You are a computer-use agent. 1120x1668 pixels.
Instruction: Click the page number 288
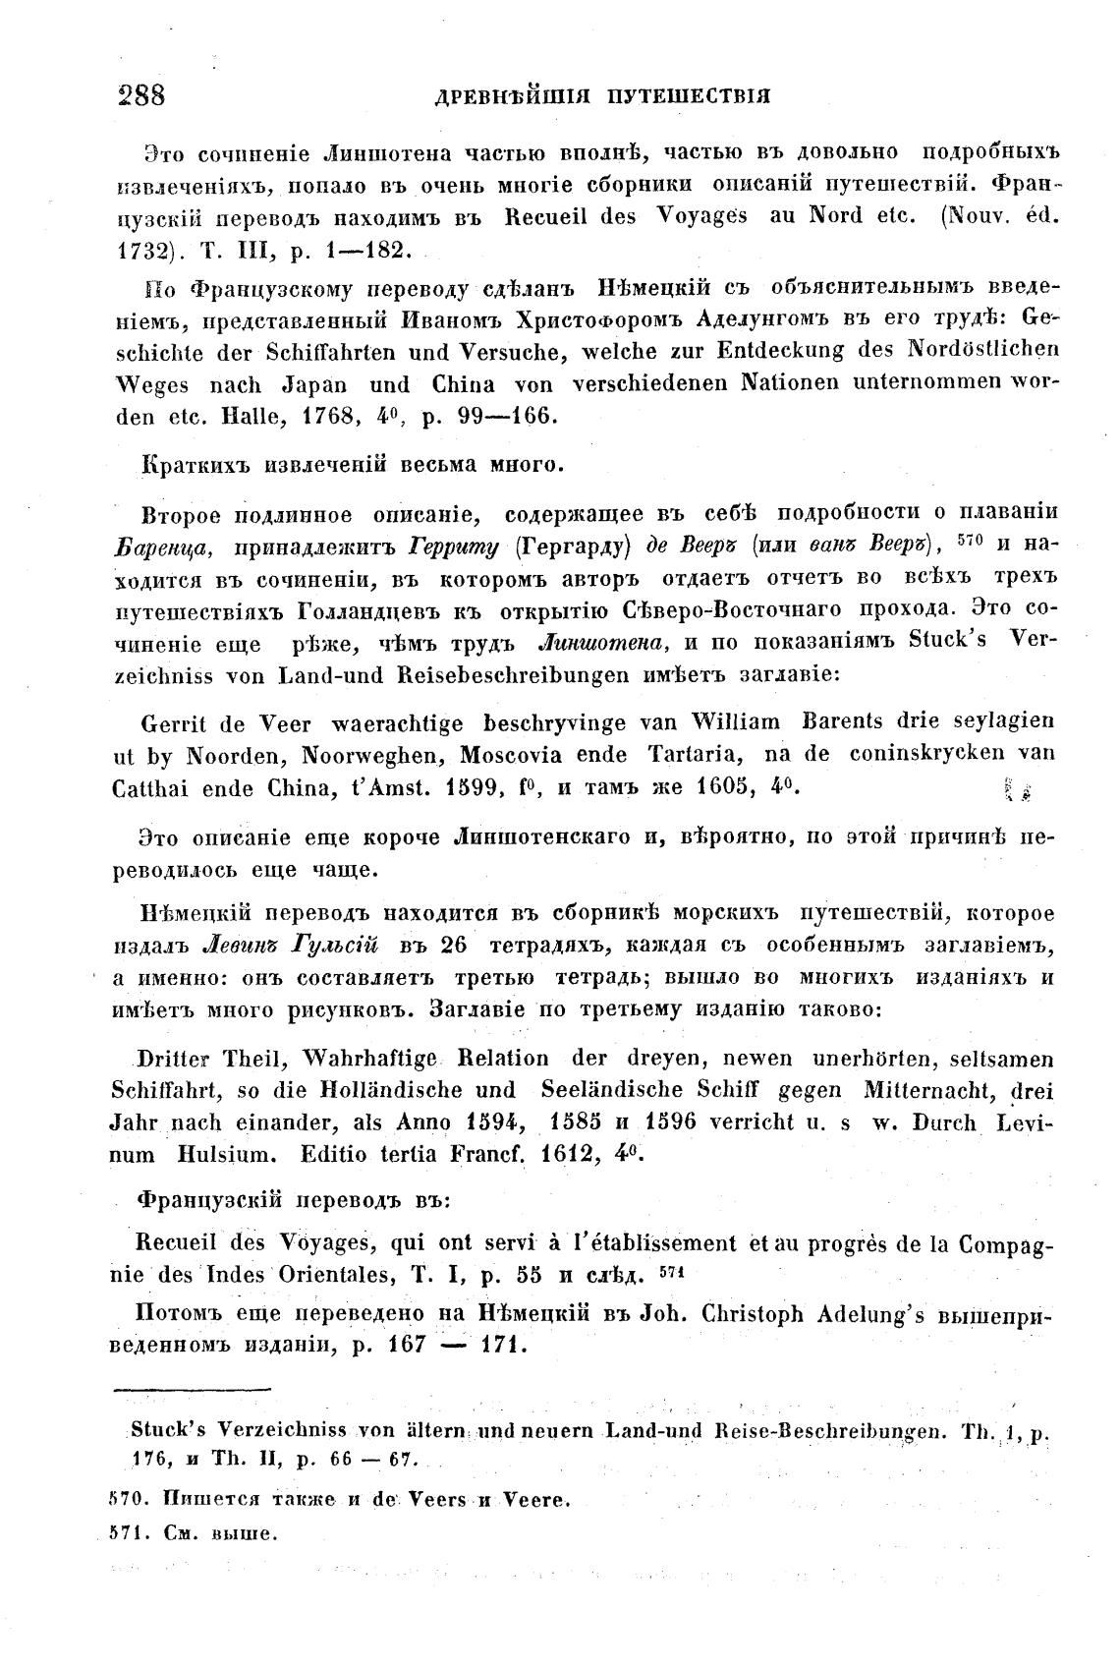pos(140,95)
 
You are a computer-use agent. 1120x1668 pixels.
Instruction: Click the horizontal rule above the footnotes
pos(193,1389)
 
